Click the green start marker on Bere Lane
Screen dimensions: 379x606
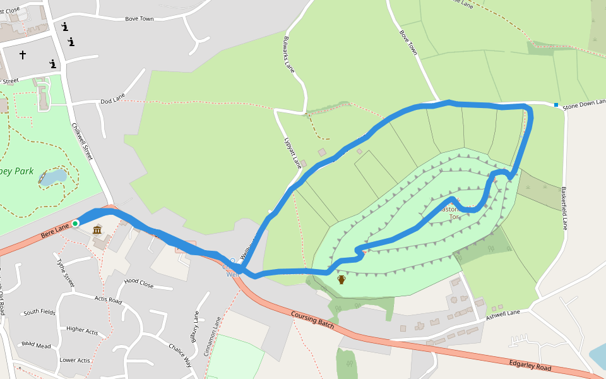tap(75, 223)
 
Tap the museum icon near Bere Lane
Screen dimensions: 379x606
tap(97, 230)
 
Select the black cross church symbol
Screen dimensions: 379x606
tap(23, 55)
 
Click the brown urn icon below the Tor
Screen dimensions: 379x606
tap(342, 279)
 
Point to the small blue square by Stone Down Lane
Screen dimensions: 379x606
tap(556, 105)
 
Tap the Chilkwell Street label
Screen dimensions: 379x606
tap(83, 141)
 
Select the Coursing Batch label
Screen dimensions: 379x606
tap(312, 319)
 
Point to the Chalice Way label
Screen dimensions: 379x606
tap(179, 355)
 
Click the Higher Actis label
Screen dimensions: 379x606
tap(82, 330)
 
